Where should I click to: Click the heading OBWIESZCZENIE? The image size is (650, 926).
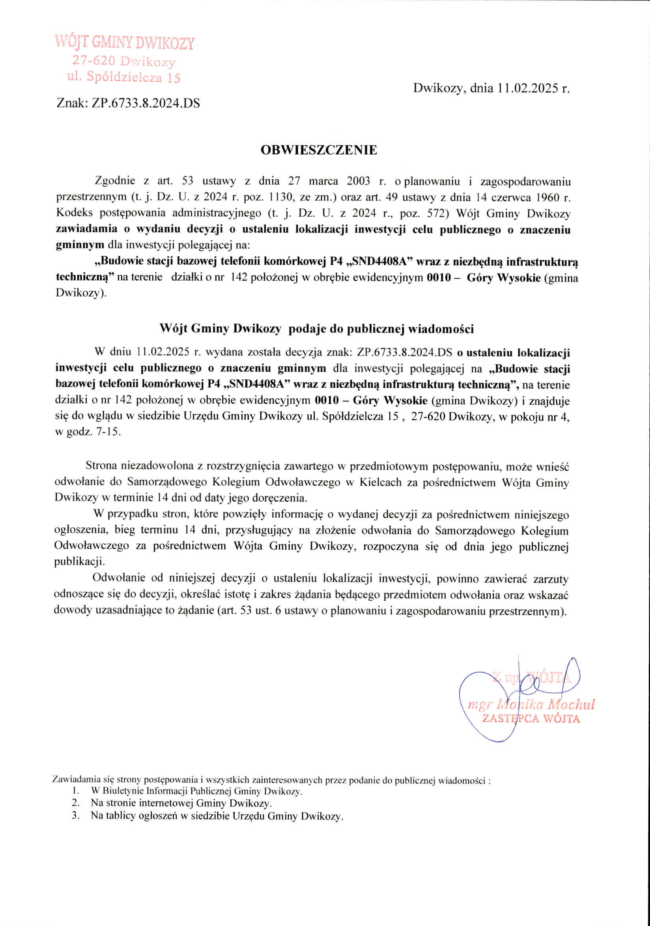(x=319, y=150)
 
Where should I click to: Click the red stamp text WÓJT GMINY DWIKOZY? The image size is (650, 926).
(x=125, y=42)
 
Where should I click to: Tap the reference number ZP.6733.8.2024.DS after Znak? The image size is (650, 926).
(x=146, y=104)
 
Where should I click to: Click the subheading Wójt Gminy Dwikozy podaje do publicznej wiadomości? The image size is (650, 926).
(x=317, y=329)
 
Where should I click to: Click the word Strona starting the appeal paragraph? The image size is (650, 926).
(x=101, y=467)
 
